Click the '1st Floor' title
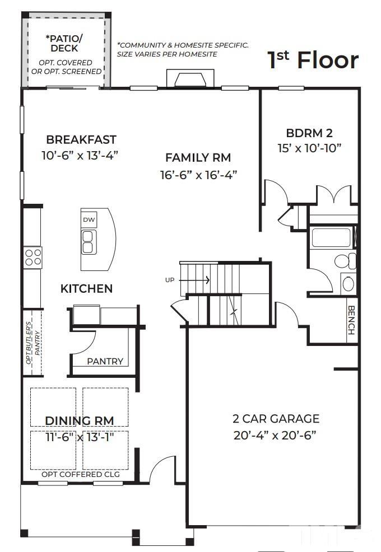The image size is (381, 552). tap(313, 60)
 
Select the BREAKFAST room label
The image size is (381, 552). tap(81, 139)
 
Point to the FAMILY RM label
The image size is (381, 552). tap(198, 158)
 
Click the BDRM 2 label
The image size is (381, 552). tap(309, 133)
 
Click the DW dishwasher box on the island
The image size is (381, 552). tap(89, 219)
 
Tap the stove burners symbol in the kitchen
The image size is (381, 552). tap(32, 257)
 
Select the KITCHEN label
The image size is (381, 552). tap(86, 289)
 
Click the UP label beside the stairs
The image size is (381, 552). tap(170, 280)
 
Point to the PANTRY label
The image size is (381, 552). tap(105, 361)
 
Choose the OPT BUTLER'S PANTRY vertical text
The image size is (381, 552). tap(32, 347)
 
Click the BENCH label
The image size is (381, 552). tap(351, 320)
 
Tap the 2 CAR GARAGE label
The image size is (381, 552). tap(276, 419)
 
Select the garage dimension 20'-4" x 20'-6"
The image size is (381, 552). tap(276, 436)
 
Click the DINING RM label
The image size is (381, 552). tap(79, 420)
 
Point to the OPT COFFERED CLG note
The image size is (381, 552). tap(81, 474)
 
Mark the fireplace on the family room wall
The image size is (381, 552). tap(190, 79)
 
